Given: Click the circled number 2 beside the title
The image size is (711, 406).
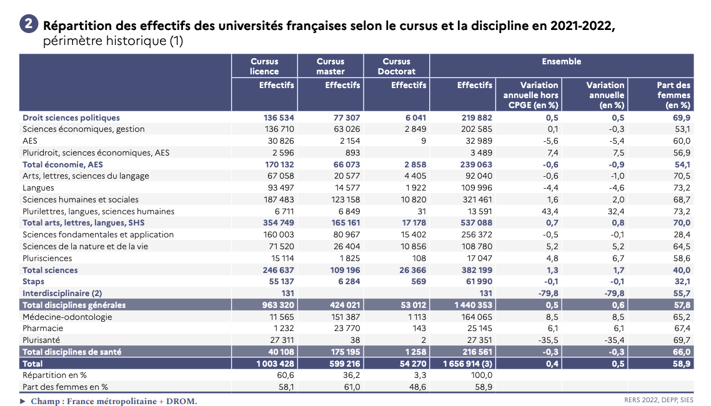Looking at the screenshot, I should tap(28, 25).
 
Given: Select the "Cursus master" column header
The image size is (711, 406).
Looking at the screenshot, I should tap(331, 66).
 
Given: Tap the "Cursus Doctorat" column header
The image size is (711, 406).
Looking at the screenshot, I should tap(396, 66).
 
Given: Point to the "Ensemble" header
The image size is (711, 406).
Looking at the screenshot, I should tap(561, 61).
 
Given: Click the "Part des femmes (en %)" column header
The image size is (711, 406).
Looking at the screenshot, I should tap(674, 95).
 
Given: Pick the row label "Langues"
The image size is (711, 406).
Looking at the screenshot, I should tap(38, 187).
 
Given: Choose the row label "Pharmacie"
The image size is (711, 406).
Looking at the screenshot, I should tap(42, 328).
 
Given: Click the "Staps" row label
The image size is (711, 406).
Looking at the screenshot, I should tap(34, 282).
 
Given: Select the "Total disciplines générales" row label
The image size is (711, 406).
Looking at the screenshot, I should tap(74, 305).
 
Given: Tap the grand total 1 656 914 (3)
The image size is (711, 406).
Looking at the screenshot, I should tap(468, 364).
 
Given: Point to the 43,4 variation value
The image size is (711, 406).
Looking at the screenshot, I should tap(549, 211).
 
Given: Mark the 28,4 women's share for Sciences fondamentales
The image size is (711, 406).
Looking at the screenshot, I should tap(680, 234).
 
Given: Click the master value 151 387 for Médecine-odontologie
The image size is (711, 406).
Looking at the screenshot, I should tap(343, 317).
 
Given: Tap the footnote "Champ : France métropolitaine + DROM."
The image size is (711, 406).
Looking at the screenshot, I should tap(114, 401).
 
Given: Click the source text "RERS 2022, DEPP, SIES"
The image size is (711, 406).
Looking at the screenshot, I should tap(659, 400).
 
